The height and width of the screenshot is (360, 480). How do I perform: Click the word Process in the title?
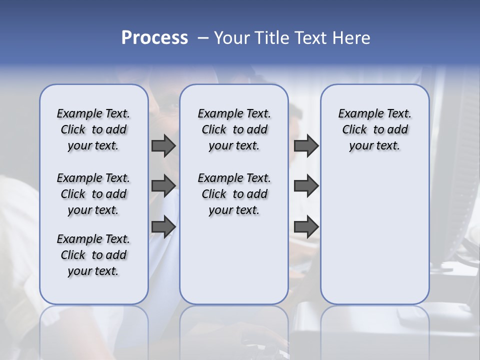(x=154, y=38)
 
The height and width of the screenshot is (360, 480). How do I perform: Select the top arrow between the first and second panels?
(x=163, y=145)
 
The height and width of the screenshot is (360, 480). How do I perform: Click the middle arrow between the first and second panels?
(x=163, y=186)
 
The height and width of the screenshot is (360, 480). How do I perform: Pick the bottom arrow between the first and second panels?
(x=163, y=226)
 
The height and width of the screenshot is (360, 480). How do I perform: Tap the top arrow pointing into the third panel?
(x=306, y=145)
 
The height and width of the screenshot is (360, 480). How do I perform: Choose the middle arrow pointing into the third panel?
(x=306, y=186)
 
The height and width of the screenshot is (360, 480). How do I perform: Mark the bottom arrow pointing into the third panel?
(x=306, y=226)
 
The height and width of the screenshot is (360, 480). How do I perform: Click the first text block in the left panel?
(x=93, y=129)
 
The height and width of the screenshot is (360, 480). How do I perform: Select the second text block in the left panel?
(x=93, y=194)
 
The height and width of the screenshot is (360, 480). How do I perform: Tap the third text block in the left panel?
(x=93, y=255)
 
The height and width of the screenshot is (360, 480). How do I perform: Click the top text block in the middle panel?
(x=234, y=129)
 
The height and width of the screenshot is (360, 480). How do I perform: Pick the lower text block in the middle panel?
(x=234, y=194)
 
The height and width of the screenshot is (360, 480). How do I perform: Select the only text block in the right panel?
(x=375, y=129)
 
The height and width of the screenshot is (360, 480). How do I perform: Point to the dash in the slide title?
(x=203, y=38)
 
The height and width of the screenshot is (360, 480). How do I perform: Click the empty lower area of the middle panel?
(x=234, y=260)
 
